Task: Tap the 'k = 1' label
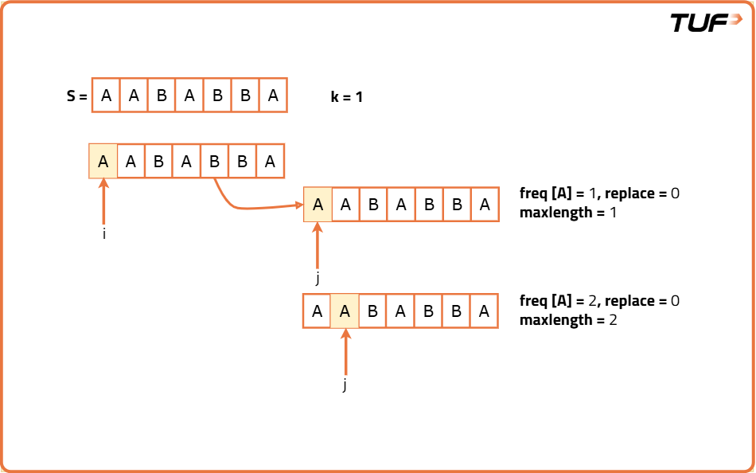pyautogui.click(x=347, y=97)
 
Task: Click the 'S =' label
pyautogui.click(x=76, y=96)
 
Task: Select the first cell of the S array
pyautogui.click(x=106, y=96)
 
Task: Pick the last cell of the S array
pyautogui.click(x=273, y=96)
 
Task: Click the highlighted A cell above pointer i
pyautogui.click(x=103, y=162)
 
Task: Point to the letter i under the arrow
pyautogui.click(x=104, y=235)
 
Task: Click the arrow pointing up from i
pyautogui.click(x=103, y=202)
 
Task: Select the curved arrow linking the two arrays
pyautogui.click(x=247, y=204)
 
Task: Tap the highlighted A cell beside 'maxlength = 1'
pyautogui.click(x=318, y=205)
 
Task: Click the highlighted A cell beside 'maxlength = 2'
pyautogui.click(x=345, y=311)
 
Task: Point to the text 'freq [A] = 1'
pyautogui.click(x=556, y=193)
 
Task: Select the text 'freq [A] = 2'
pyautogui.click(x=557, y=301)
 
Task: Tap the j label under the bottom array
pyautogui.click(x=345, y=385)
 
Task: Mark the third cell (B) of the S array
pyautogui.click(x=162, y=96)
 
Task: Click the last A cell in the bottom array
pyautogui.click(x=484, y=311)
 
